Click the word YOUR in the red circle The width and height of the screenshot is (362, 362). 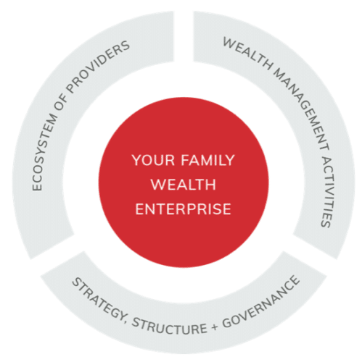click(153, 160)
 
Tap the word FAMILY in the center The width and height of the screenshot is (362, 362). click(207, 160)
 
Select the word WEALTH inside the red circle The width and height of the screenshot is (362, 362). click(183, 185)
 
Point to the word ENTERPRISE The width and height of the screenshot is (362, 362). click(183, 209)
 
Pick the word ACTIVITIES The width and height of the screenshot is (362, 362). click(327, 190)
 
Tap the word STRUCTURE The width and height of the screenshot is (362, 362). click(169, 327)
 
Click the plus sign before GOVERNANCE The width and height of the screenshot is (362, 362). click(214, 327)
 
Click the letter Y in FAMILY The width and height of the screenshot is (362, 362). click(229, 160)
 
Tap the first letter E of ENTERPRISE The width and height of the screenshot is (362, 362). click(139, 209)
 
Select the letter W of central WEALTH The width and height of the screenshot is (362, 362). click(157, 185)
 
